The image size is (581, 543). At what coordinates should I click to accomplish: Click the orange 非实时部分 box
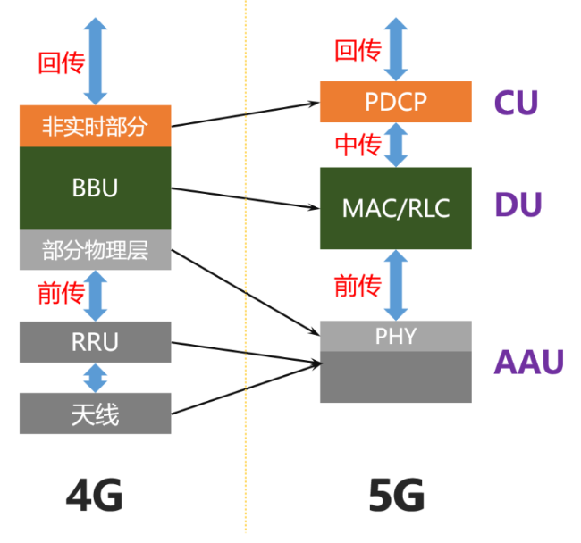click(x=95, y=127)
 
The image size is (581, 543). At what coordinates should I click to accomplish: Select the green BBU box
click(x=95, y=188)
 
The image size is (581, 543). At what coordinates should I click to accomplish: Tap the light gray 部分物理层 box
click(x=95, y=250)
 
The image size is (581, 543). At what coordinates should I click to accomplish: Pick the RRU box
click(x=95, y=342)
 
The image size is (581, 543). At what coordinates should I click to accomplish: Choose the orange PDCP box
click(x=396, y=102)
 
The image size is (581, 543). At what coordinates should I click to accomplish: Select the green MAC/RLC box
click(x=396, y=208)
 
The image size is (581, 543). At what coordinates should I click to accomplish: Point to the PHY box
click(x=396, y=336)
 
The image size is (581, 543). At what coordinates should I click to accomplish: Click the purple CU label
click(x=516, y=103)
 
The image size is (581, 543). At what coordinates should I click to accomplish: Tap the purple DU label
click(x=518, y=205)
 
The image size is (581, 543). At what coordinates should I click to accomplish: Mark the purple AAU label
click(x=530, y=362)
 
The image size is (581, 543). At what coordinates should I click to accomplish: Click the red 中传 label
click(x=358, y=146)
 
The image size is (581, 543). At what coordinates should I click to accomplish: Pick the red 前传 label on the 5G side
click(x=358, y=286)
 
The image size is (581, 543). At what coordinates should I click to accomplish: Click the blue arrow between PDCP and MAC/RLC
click(x=396, y=145)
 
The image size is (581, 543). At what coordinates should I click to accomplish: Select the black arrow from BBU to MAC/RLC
click(x=246, y=198)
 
